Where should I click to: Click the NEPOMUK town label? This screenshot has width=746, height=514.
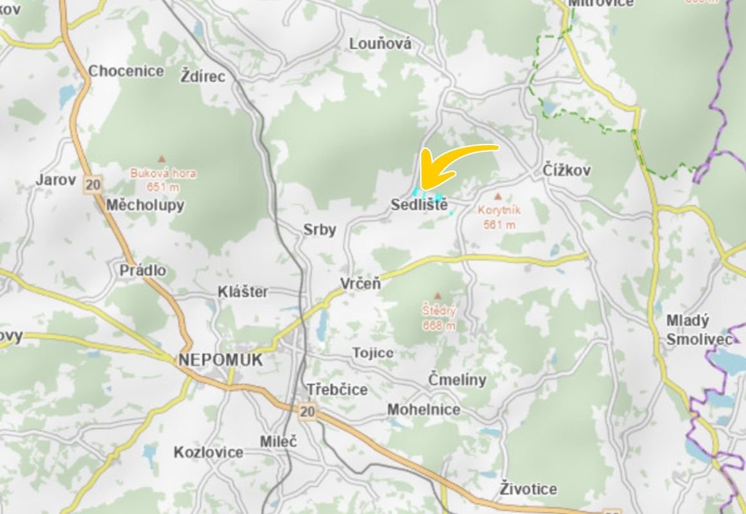coord(221,360)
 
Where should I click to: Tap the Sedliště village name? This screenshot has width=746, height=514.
coord(419,206)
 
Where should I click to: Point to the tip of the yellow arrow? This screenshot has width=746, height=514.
coord(422,187)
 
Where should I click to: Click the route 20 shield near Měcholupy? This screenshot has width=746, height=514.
coord(92,185)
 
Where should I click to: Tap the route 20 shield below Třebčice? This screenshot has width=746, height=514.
coord(308,411)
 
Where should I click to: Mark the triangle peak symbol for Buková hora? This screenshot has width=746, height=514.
coord(162,158)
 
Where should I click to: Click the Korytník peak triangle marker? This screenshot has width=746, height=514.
coord(498,195)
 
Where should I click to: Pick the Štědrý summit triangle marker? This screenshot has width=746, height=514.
coord(438,296)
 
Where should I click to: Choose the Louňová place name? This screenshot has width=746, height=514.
coord(380,44)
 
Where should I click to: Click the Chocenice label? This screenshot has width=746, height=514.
coord(126,71)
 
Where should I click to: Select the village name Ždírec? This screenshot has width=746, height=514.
coord(204,76)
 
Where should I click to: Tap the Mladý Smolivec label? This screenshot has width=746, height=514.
coord(698,330)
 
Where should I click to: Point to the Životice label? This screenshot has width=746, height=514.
coord(528,489)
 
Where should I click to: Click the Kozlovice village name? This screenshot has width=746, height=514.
coord(209,452)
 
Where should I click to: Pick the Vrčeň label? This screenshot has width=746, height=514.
coord(360,283)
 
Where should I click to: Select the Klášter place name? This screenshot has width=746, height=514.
coord(243,292)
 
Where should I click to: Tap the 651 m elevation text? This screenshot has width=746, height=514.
coord(163,188)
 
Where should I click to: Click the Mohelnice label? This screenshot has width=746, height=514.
coord(424,410)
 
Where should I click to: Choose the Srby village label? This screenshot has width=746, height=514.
coord(320,229)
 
